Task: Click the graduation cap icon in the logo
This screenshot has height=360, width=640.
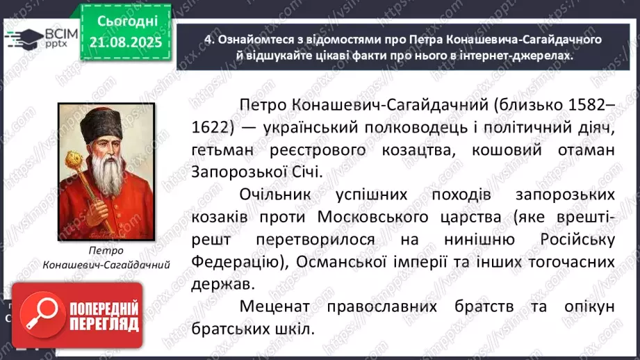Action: coord(21,38)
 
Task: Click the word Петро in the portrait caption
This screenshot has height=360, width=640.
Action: coord(106,251)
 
